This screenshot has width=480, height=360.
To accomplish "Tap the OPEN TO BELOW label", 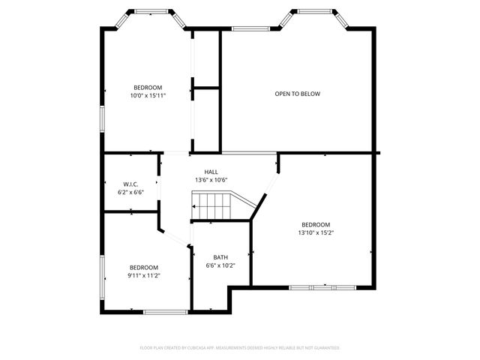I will pos(297,94).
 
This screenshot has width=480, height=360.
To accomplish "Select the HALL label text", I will pos(211,172).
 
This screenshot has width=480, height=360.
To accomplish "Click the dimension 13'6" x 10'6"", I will pos(211,180).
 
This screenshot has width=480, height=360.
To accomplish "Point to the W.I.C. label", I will pos(130,184).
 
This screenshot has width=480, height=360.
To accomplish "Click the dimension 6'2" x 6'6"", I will pos(130,193).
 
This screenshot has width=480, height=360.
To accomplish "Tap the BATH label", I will pos(220,257).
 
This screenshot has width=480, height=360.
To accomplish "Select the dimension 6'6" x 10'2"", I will pos(220,265).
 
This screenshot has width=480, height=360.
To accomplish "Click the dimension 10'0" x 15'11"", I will pos(148,95).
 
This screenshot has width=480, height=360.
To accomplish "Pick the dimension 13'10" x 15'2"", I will pos(316,232).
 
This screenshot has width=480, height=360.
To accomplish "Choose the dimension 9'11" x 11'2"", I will pos(143,275).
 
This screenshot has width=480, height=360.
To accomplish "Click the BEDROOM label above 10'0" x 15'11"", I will pos(148,87).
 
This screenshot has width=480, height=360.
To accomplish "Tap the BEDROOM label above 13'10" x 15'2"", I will pos(316,224).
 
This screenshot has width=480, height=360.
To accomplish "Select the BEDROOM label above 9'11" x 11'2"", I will pos(143,267).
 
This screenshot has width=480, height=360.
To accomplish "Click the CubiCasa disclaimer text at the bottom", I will pos(240,348).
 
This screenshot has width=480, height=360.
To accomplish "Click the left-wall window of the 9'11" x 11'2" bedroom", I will pos(103,276).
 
